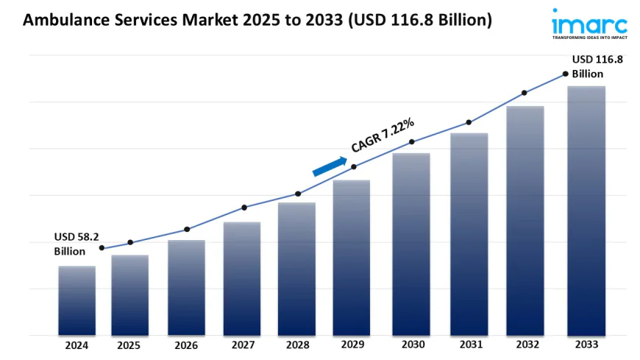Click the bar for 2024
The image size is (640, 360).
(77, 300)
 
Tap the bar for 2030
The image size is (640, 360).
(411, 244)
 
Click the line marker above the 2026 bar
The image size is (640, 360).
(187, 229)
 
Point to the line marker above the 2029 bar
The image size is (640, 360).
(354, 166)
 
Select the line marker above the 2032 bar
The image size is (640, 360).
(525, 93)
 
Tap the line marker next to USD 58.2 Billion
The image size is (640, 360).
(102, 248)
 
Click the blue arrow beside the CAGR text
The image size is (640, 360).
(330, 166)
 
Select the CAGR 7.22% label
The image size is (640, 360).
(383, 135)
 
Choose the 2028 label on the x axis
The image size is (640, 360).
(296, 345)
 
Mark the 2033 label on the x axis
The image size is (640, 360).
(586, 345)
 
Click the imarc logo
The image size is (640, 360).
(589, 24)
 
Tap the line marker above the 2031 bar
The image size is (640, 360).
(468, 122)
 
